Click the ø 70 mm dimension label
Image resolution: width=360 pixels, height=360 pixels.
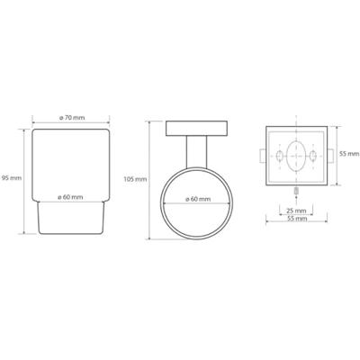pos(72,118)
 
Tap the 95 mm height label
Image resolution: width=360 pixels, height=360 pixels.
pos(12,178)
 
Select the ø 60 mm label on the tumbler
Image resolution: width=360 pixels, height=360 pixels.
pos(70,197)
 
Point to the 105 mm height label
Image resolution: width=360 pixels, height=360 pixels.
pos(136,179)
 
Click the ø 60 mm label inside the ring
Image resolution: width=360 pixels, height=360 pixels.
pos(198,199)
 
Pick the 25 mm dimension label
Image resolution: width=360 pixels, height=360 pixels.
pos(296,211)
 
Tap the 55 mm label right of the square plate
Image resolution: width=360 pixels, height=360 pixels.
pos(349,154)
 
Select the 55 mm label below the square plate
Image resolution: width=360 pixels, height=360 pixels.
pos(297,219)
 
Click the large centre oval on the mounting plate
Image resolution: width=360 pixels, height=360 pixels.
pos(296,156)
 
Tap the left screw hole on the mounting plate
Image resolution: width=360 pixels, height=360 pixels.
pos(279,156)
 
